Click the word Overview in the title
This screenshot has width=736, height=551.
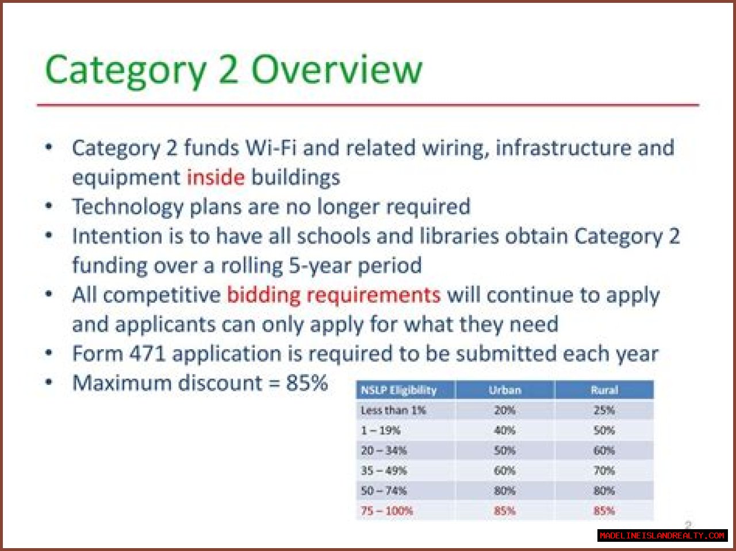[x=336, y=70]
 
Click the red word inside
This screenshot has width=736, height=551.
[x=216, y=177]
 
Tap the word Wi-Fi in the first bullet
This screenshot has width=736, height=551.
[x=271, y=148]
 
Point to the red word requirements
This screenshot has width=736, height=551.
[x=373, y=296]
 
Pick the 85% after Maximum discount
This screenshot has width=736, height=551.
[x=307, y=383]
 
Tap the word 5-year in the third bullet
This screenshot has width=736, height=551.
[x=320, y=266]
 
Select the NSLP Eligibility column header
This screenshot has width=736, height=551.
[x=398, y=390]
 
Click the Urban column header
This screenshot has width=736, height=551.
[x=505, y=390]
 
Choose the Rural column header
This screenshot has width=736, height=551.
[x=604, y=390]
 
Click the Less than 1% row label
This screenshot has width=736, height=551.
[x=393, y=410]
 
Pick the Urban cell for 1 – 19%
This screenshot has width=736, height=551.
[x=504, y=430]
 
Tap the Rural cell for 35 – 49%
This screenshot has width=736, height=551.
[x=604, y=471]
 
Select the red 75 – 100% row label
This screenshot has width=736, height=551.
[x=386, y=511]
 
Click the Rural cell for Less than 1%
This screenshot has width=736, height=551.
[x=604, y=410]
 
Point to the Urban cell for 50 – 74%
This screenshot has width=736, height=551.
[x=504, y=491]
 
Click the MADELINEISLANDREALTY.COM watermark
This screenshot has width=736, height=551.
[x=662, y=535]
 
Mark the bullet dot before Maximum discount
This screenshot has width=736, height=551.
[x=49, y=382]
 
